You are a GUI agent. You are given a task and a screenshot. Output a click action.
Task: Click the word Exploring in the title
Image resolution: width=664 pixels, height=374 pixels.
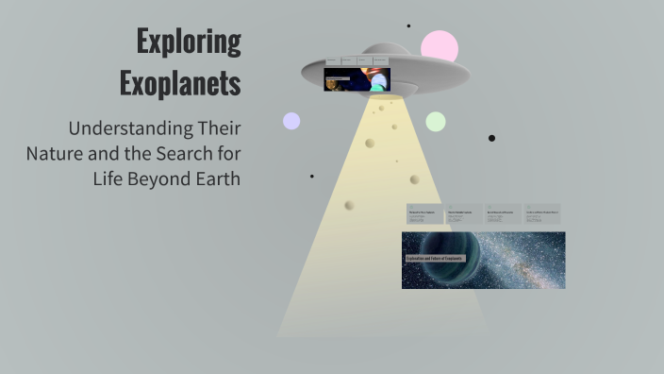click(x=189, y=42)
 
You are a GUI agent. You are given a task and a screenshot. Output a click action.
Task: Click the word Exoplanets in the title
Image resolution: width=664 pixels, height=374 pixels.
click(x=180, y=83)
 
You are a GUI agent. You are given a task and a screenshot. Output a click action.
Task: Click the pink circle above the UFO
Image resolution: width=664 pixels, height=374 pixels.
click(x=440, y=46)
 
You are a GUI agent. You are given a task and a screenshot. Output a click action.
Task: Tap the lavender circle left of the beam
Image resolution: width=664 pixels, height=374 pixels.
click(x=291, y=121)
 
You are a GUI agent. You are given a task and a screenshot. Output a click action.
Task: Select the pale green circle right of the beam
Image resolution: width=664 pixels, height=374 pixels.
click(x=435, y=121)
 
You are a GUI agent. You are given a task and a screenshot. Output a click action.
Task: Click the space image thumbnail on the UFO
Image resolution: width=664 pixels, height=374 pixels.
click(x=357, y=79)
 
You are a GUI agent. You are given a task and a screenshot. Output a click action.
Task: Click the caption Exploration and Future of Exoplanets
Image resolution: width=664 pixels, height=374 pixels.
click(x=435, y=258)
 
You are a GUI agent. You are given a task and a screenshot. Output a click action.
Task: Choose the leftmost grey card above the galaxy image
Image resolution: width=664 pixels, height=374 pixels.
click(x=423, y=214)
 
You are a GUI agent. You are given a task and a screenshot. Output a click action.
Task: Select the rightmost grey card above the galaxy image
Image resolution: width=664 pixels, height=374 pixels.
click(x=542, y=214)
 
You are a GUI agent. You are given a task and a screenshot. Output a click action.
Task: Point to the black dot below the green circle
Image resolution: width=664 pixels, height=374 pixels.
click(x=491, y=138)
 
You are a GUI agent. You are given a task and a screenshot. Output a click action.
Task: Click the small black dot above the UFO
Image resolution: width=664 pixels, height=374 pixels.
click(x=408, y=25)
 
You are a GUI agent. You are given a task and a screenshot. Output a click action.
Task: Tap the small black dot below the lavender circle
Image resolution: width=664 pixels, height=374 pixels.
click(x=312, y=176)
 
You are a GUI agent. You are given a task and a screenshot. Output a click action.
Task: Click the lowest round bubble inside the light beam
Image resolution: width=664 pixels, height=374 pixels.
click(x=349, y=205)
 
